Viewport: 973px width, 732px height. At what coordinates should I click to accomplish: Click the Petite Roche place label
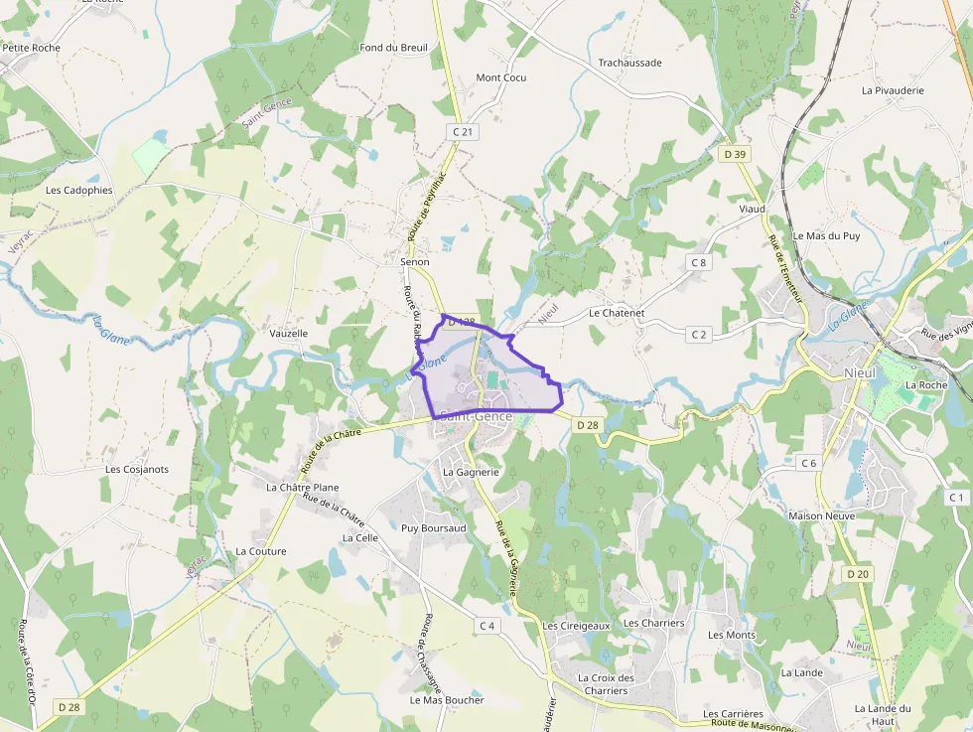pos(32,48)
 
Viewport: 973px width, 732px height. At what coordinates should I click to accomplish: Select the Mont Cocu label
pos(501,77)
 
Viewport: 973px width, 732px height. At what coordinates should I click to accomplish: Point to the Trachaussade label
pos(629,63)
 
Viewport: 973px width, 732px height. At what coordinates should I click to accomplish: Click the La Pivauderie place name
pos(893,90)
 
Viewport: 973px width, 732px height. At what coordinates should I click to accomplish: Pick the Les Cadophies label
pos(79,190)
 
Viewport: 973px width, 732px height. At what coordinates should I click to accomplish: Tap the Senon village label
pos(415,262)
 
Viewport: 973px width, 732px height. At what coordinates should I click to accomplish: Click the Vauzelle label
pos(289,334)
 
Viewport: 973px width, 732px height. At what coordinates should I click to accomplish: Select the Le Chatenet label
pos(617,313)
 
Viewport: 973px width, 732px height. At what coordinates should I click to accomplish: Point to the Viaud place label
pos(752,210)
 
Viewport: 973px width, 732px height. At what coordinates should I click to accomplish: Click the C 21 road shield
pos(463,131)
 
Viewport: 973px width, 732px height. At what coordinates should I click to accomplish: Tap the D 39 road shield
pos(735,154)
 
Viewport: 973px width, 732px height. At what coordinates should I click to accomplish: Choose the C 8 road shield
pos(699,262)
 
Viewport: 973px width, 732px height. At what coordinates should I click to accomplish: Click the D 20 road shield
pos(858,574)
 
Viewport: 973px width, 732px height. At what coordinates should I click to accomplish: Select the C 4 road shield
pos(486,626)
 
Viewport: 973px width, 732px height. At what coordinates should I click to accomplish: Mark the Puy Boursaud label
pos(433,528)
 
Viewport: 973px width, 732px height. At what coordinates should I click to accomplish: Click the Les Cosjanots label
pos(137,469)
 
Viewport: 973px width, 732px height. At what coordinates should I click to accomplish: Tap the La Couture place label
pos(261,551)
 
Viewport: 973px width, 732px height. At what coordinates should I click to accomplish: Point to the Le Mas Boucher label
pos(447,699)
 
